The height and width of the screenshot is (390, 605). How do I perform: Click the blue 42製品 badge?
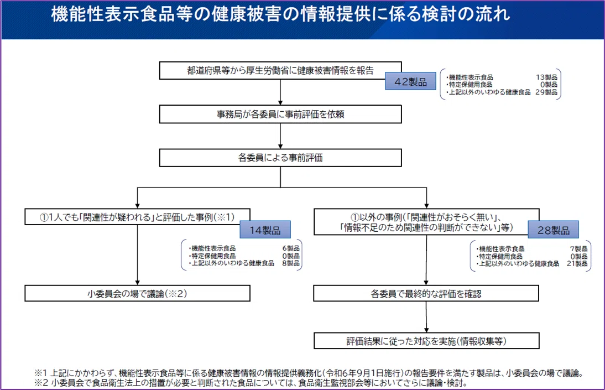click(410, 81)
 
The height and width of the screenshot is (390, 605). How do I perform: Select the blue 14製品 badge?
click(265, 230)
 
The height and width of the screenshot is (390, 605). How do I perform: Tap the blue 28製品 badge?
click(554, 230)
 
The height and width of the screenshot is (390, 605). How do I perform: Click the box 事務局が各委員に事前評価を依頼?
click(280, 115)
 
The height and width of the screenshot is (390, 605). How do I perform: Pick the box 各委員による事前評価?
click(280, 158)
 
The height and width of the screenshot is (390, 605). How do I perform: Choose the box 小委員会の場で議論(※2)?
click(137, 293)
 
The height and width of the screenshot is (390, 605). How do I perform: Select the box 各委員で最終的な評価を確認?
click(426, 293)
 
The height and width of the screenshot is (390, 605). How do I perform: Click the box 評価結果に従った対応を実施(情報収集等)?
click(426, 341)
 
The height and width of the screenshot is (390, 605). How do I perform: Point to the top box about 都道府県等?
click(280, 70)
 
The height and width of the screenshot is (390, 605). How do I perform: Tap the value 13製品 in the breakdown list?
click(546, 77)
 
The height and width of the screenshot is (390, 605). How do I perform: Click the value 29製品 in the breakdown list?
click(546, 92)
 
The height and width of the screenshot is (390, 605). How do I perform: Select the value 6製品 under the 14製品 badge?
click(291, 248)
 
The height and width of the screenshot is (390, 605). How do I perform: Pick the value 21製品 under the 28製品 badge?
click(577, 263)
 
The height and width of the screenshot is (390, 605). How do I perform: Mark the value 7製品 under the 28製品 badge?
click(579, 249)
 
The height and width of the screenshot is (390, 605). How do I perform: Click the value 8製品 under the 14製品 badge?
click(291, 263)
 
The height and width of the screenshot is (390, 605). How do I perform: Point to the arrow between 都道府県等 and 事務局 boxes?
click(280, 92)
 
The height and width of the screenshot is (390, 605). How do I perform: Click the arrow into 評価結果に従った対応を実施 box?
click(426, 317)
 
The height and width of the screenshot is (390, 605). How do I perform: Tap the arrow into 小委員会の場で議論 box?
click(137, 255)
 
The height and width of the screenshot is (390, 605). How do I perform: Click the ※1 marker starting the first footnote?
click(40, 373)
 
